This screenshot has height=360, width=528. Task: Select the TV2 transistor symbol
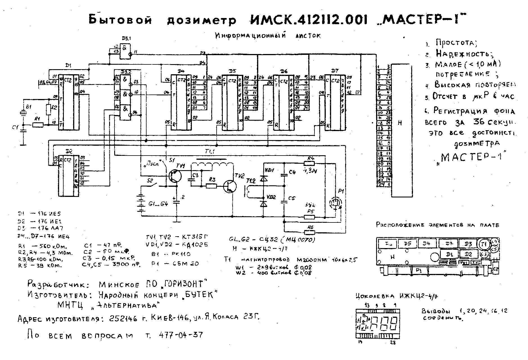[x=230, y=186]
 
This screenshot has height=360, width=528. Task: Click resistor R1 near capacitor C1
[x=38, y=125]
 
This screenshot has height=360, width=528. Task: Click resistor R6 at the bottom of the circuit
[x=310, y=232]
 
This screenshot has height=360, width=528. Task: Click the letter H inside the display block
[x=400, y=123]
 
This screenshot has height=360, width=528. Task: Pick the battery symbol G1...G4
[x=141, y=203]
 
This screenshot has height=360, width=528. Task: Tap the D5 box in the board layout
[x=407, y=244]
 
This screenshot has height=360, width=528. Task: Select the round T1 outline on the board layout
[x=483, y=244]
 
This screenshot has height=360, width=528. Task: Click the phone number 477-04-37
[x=181, y=335]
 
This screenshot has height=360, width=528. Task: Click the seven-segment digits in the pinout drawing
[x=384, y=323]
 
